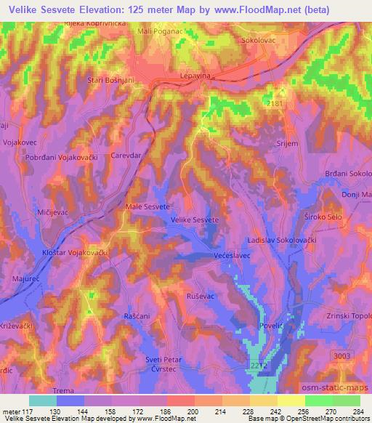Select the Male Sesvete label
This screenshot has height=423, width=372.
point(147,206)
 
